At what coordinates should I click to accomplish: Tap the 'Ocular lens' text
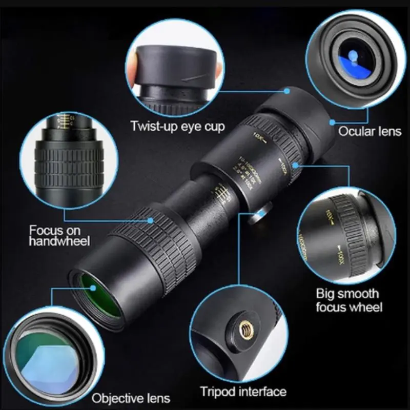370,131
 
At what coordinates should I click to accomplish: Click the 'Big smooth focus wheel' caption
348,300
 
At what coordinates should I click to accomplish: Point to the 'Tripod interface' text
243,392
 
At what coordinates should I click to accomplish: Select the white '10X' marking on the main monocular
257,137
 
